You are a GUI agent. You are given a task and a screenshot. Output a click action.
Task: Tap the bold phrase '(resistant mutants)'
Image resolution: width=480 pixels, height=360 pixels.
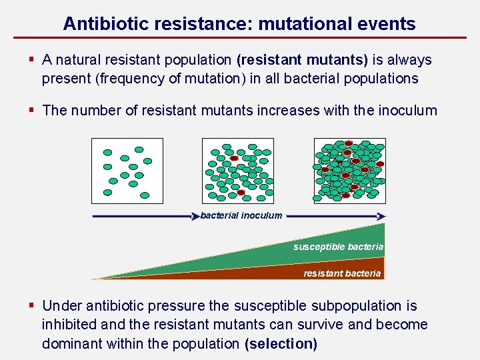[302, 60]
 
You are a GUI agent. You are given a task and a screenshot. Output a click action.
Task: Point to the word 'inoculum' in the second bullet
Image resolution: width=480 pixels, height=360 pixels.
[407, 110]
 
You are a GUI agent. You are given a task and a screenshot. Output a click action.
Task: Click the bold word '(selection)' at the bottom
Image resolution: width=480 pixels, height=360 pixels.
[281, 344]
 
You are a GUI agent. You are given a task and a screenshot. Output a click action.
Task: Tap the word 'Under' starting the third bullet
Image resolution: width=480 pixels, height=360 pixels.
[61, 306]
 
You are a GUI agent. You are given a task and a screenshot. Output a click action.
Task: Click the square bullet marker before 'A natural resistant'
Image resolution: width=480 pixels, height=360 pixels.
[31, 60]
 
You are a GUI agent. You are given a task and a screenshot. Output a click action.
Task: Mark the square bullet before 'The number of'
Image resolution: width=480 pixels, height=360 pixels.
[31, 110]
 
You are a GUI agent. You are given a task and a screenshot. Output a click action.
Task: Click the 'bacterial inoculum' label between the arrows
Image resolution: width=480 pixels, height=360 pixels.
[241, 215]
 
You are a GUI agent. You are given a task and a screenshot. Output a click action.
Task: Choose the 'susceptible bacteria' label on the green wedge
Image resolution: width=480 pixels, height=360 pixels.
[339, 247]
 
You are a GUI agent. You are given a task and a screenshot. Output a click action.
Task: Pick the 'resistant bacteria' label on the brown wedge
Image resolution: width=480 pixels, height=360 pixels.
[342, 273]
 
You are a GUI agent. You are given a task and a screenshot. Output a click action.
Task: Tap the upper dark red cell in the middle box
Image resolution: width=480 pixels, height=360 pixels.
[234, 159]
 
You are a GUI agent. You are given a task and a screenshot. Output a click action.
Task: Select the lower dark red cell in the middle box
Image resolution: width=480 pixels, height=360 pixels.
[241, 193]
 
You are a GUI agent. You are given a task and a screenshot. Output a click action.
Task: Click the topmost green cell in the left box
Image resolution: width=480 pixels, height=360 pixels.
[139, 149]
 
